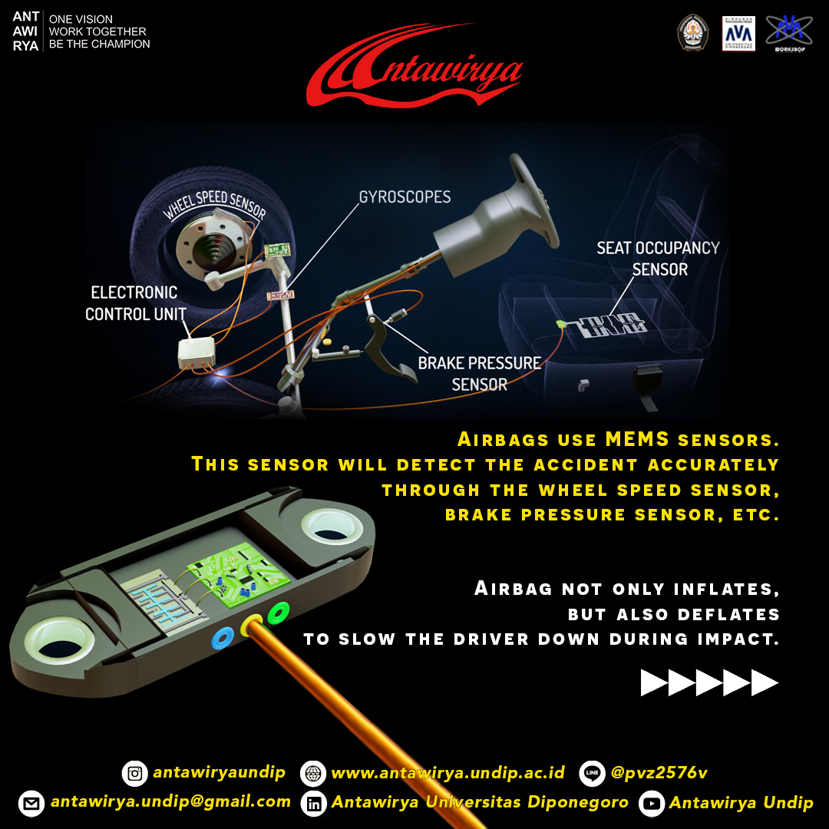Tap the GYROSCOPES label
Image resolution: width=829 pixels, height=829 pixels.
click(x=405, y=197)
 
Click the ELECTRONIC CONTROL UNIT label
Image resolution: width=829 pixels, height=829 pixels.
click(x=135, y=303)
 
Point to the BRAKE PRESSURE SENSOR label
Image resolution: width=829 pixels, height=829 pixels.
click(x=479, y=373)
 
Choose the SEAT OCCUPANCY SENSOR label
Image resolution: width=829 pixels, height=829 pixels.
click(x=659, y=259)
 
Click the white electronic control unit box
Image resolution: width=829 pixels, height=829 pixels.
click(x=197, y=351)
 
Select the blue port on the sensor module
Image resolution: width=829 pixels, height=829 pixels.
click(x=223, y=636)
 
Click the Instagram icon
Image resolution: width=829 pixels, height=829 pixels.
click(x=134, y=773)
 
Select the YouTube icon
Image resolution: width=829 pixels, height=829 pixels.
click(x=651, y=804)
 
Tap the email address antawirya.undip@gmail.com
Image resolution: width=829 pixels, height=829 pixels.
click(x=170, y=802)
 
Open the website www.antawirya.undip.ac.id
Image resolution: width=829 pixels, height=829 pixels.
click(x=448, y=772)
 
